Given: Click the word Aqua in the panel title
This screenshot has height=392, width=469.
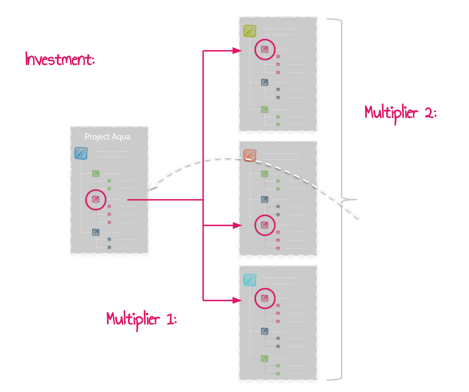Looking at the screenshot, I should click(x=121, y=137).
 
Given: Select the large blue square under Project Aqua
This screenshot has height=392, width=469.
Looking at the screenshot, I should click(x=81, y=153).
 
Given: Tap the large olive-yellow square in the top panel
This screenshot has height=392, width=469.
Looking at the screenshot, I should click(x=250, y=31).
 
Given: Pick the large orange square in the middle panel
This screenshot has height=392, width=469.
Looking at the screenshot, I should click(x=250, y=156).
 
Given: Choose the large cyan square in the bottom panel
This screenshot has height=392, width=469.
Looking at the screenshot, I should click(x=250, y=280).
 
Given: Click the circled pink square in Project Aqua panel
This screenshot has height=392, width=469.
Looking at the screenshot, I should click(x=96, y=199).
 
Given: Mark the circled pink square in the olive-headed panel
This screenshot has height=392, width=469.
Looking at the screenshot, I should click(x=265, y=49).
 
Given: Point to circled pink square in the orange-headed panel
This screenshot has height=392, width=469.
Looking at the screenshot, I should click(x=265, y=225).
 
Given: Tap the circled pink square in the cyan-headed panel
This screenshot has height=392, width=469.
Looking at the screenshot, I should click(x=265, y=298).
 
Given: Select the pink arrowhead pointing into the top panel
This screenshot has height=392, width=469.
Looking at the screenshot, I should click(x=237, y=51).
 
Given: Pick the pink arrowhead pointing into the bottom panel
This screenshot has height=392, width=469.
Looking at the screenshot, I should click(x=237, y=300).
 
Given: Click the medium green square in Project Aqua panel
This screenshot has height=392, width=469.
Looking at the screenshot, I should click(x=96, y=174).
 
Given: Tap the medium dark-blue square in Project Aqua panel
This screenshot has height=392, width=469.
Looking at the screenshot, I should click(x=96, y=232).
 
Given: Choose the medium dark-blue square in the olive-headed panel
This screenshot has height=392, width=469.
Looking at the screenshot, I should click(x=265, y=82).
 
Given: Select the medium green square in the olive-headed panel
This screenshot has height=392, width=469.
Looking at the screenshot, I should click(x=265, y=109).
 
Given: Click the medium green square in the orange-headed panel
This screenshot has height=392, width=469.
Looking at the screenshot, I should click(x=265, y=174).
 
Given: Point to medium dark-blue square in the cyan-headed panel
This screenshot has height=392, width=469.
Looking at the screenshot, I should click(x=265, y=331).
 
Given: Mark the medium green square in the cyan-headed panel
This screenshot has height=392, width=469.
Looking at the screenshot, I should click(x=265, y=358).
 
